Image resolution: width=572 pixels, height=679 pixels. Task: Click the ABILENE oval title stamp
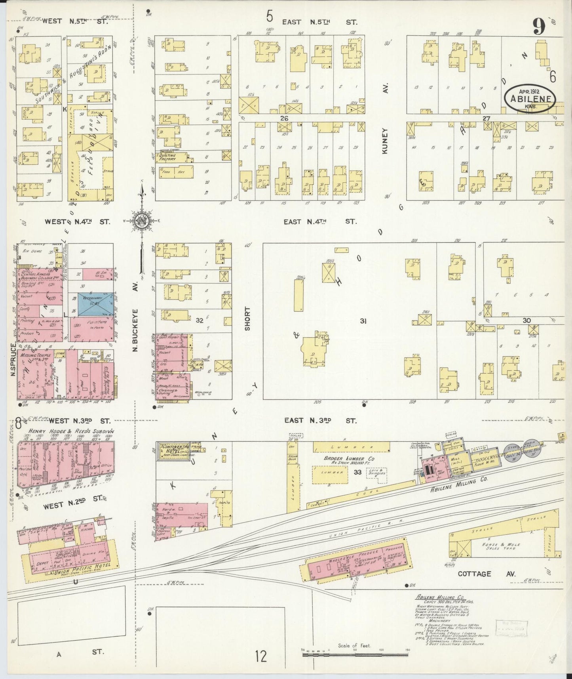pos(529,98)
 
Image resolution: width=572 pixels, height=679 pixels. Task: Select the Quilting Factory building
pos(173,157)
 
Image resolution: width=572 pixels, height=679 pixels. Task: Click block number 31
pos(363,321)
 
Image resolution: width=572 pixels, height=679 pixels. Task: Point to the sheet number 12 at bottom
pos(261,657)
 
